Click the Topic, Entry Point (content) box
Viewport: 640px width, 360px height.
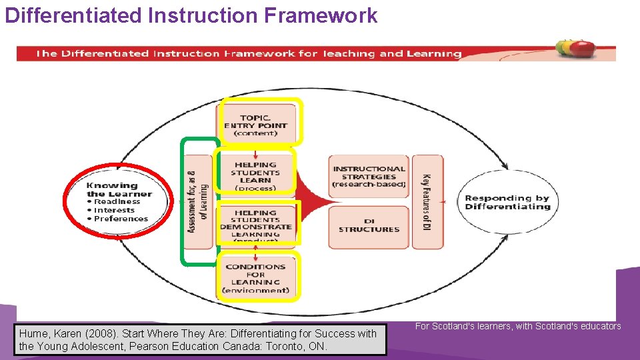pyautogui.click(x=256, y=124)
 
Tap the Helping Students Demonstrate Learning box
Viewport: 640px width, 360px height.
pyautogui.click(x=256, y=224)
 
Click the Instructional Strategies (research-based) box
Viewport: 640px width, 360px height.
pyautogui.click(x=369, y=177)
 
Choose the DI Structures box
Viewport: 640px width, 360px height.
pyautogui.click(x=369, y=226)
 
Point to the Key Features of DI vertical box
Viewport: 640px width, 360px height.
pyautogui.click(x=427, y=202)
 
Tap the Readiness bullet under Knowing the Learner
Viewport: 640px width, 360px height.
pyautogui.click(x=117, y=201)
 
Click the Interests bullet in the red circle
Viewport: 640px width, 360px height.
pyautogui.click(x=114, y=210)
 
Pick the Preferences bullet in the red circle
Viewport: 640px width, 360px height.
pyautogui.click(x=121, y=219)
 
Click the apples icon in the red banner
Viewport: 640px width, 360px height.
pyautogui.click(x=576, y=48)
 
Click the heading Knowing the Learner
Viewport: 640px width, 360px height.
pyautogui.click(x=119, y=190)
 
